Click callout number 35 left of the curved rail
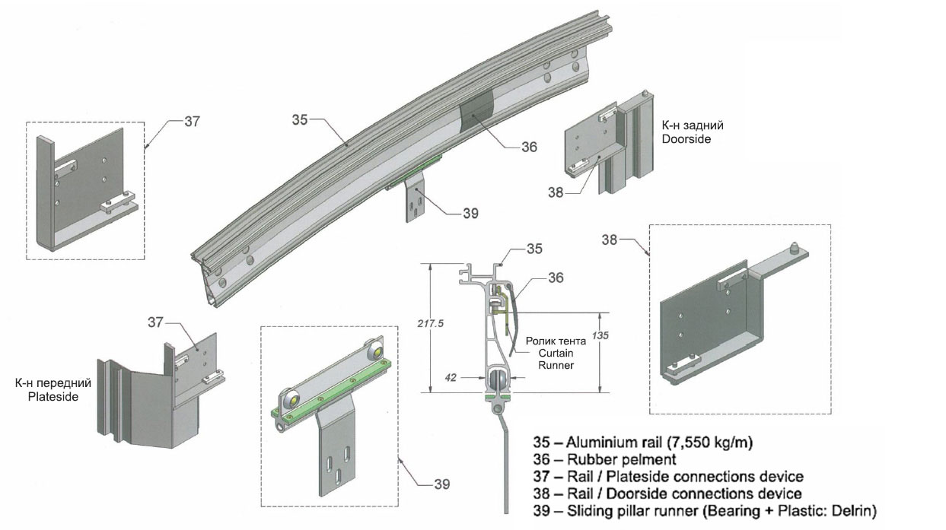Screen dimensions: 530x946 tap(301, 119)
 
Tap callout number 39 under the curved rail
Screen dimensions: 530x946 tap(470, 214)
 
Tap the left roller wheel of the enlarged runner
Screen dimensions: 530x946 tap(291, 401)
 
